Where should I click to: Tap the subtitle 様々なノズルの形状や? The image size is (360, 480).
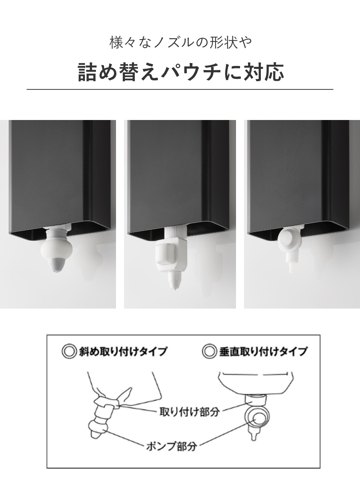coord(181,42)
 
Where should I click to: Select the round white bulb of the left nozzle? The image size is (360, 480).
coord(55,249)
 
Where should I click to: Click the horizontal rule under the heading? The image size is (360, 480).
coord(180,89)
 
